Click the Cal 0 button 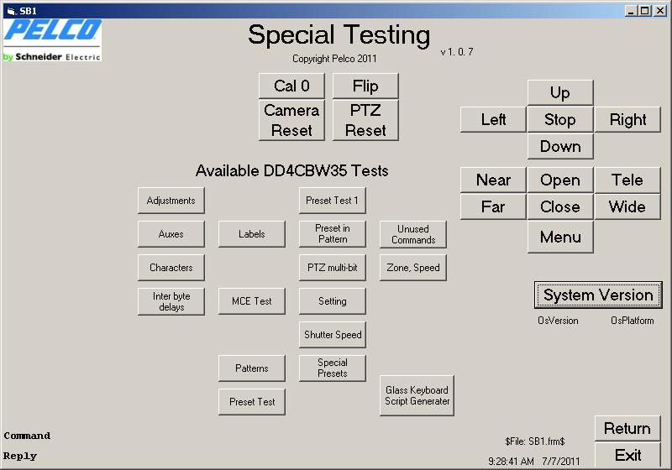click(x=291, y=86)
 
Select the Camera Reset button click(x=291, y=120)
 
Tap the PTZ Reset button click(x=365, y=120)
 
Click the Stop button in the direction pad click(x=560, y=119)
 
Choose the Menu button click(x=560, y=237)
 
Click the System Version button click(x=598, y=295)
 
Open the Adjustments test click(x=171, y=201)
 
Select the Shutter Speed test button click(x=333, y=335)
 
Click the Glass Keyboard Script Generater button click(x=417, y=395)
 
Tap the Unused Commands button click(x=413, y=234)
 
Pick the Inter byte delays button click(x=171, y=301)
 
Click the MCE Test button click(x=251, y=301)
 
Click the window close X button click(x=660, y=11)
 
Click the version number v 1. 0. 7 click(x=457, y=52)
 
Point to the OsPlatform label click(x=633, y=321)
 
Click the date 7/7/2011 click(x=560, y=461)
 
